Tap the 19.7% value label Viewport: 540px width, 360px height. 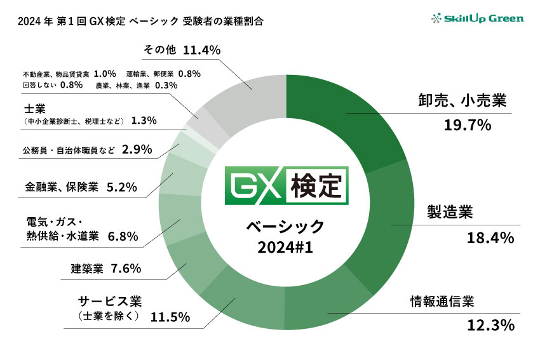pyautogui.click(x=469, y=125)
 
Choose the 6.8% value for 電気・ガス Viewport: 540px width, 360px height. pyautogui.click(x=123, y=236)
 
